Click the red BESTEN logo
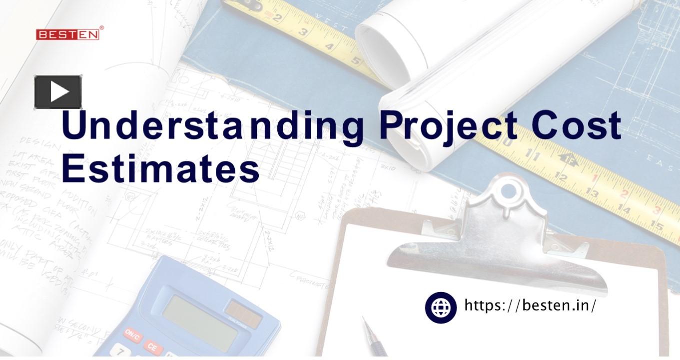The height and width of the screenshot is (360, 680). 67,34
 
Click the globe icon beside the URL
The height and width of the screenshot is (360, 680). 441,307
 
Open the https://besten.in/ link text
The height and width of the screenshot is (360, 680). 530,305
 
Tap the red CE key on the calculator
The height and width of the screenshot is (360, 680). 152,346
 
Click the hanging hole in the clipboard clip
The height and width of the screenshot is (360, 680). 508,191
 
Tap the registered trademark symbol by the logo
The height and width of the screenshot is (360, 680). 102,28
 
